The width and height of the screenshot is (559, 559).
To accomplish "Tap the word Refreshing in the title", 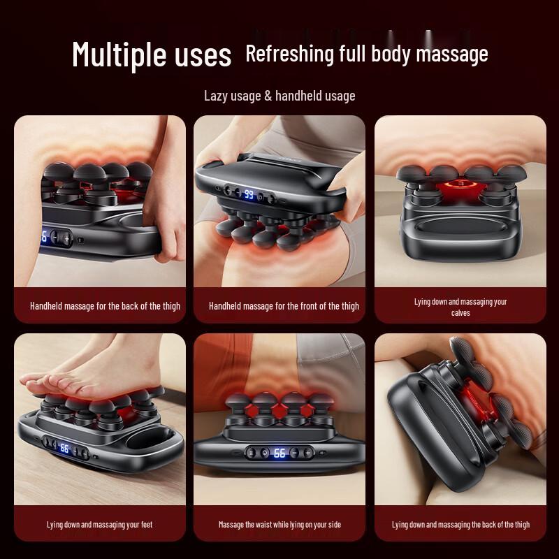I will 289,54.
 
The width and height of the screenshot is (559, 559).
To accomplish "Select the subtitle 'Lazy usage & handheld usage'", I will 279,96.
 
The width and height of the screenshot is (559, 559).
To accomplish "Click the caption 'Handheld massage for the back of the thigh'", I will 105,305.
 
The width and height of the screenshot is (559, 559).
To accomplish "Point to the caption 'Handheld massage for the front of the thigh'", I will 284,305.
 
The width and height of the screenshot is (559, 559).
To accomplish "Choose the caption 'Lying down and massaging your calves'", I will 460,307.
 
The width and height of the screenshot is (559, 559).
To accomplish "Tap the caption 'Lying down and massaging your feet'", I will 99,524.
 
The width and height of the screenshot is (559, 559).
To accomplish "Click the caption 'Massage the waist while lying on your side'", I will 279,524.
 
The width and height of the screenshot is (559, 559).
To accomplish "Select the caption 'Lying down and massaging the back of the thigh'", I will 460,524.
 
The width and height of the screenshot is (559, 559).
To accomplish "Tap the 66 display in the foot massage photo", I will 64,448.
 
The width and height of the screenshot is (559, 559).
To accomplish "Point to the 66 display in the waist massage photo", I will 279,453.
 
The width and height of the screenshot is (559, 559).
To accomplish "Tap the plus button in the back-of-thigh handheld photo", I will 67,238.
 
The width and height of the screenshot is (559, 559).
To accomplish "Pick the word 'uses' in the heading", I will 202,55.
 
